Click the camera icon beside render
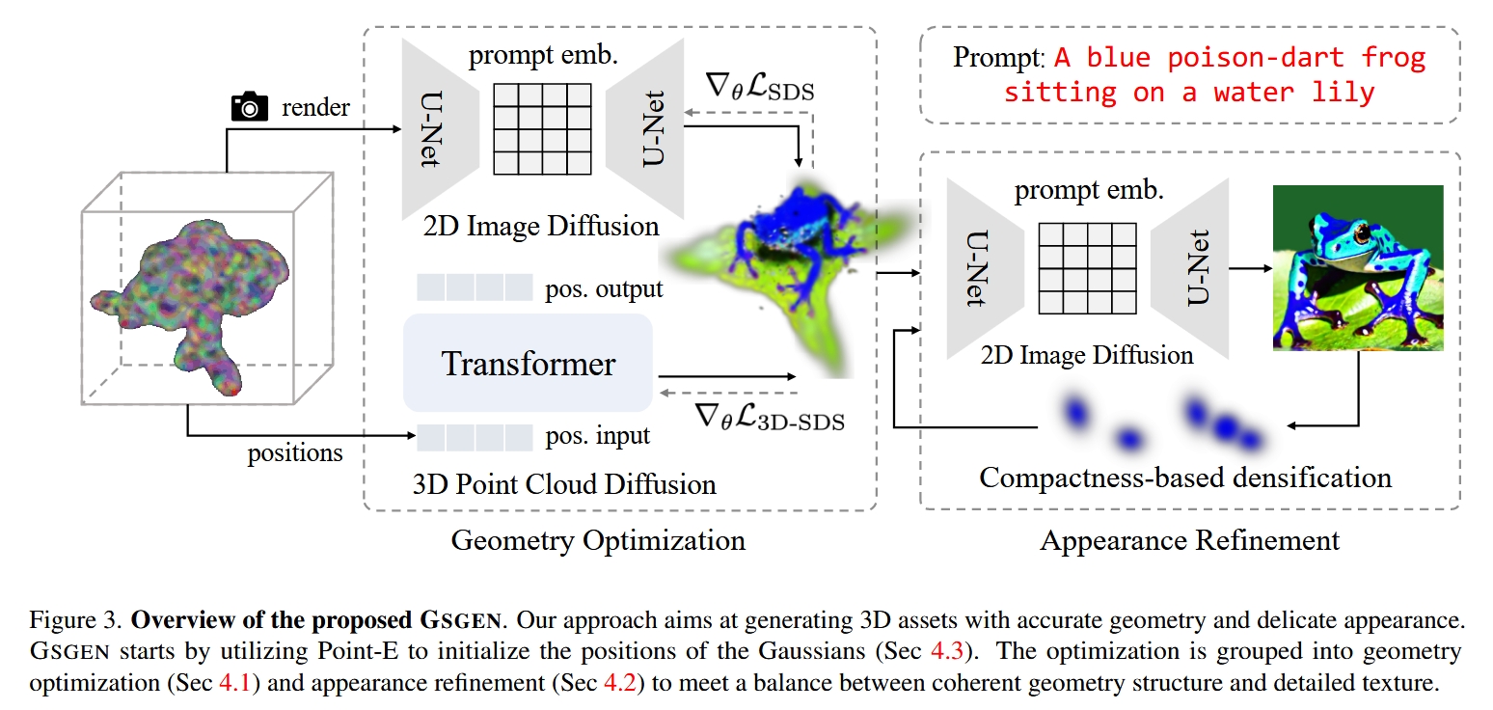tap(250, 107)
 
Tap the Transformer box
tap(528, 364)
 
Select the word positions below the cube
tap(294, 451)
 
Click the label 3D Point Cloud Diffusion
tap(564, 482)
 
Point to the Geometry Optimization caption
tap(598, 539)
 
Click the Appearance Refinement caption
tap(1189, 539)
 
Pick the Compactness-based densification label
tap(1185, 477)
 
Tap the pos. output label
tap(601, 287)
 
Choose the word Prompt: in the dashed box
tap(998, 57)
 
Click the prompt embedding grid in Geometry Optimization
tap(542, 128)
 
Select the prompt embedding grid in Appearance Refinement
tap(1087, 267)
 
